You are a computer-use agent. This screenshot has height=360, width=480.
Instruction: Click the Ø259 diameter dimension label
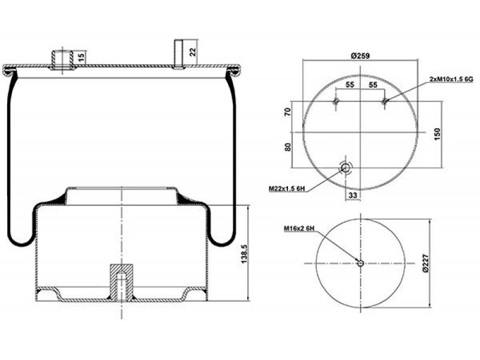point(361,56)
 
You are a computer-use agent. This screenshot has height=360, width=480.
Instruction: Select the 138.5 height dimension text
point(244,254)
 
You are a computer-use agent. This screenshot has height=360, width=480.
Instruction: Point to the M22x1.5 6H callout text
point(287,188)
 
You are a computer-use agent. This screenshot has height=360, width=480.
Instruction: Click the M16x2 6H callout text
point(299,228)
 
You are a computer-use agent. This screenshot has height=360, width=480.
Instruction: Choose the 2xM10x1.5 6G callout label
point(452,79)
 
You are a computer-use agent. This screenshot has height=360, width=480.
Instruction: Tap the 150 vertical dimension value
point(437,134)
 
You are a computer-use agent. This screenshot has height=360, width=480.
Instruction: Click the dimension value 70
point(288,112)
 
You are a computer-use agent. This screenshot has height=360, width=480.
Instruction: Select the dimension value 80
point(288,147)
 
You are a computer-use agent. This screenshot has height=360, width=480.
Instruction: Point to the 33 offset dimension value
point(353,195)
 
